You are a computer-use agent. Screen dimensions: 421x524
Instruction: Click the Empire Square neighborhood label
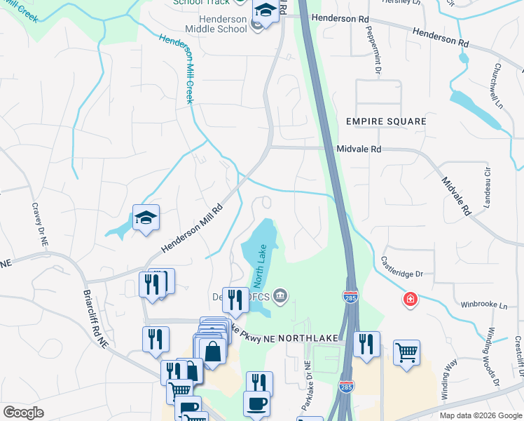[x=386, y=121]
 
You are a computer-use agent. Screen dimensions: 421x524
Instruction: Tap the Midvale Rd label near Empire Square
[x=359, y=149]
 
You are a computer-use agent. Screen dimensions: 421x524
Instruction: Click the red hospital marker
[x=409, y=300]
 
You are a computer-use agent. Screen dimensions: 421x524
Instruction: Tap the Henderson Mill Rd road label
[x=192, y=229]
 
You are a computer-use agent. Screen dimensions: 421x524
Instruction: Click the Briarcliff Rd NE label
[x=95, y=319]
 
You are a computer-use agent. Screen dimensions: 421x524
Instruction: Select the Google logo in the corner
[x=23, y=413]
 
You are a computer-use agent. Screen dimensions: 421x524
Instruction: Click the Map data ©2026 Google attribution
[x=480, y=415]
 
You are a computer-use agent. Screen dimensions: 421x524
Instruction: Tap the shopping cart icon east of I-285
[x=406, y=353]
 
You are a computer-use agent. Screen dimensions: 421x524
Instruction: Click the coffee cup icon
[x=256, y=404]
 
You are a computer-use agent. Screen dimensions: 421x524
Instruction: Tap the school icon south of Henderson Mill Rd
[x=146, y=218]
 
